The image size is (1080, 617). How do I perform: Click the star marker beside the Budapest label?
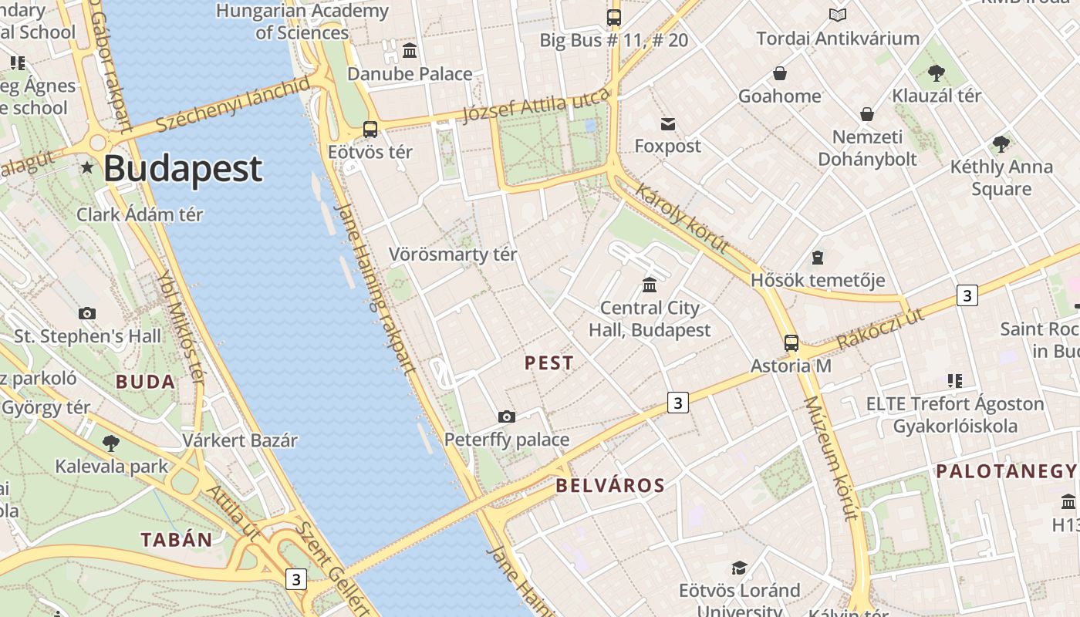[x=87, y=167]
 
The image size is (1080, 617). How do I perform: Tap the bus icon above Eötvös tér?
[x=370, y=129]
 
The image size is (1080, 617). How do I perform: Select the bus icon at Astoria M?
[x=791, y=342]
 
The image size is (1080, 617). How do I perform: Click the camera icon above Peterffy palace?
[x=507, y=417]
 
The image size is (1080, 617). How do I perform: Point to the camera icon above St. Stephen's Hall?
[x=87, y=313]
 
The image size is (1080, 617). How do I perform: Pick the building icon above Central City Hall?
[x=650, y=285]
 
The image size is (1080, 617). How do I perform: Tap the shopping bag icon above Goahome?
[x=780, y=73]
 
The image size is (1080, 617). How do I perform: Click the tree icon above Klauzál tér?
[x=937, y=73]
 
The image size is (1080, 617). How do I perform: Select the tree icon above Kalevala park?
[x=111, y=443]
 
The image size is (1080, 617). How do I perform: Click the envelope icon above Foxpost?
[x=667, y=123]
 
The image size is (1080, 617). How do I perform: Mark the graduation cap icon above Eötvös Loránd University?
[x=739, y=568]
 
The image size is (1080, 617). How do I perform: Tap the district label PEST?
[x=549, y=363]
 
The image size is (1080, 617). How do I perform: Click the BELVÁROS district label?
[x=609, y=485]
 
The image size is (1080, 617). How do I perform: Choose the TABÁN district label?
[x=176, y=540]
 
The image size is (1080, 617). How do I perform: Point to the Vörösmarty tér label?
[x=453, y=255]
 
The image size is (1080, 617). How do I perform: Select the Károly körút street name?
[x=682, y=217]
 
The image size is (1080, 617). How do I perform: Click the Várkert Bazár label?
[x=240, y=441]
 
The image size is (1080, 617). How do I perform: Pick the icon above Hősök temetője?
[x=818, y=258]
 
